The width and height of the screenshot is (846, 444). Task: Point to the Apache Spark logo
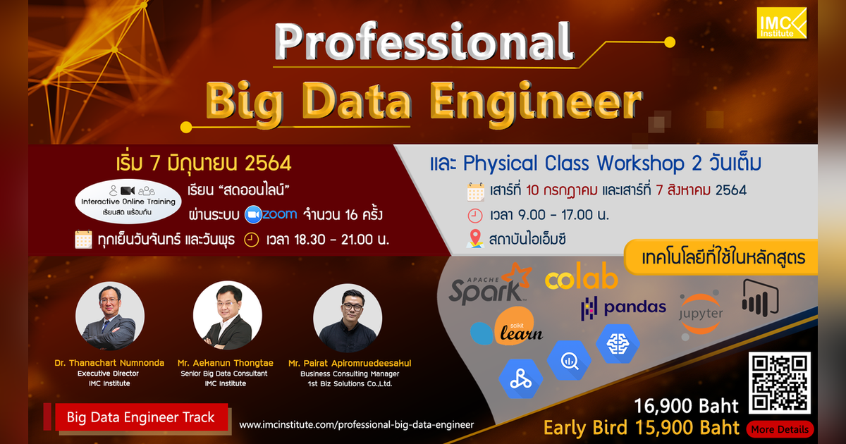(x=489, y=283)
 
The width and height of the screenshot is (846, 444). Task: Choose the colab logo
(x=581, y=280)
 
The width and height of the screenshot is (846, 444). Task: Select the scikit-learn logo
(x=508, y=326)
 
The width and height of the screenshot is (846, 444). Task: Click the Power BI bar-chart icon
(x=759, y=298)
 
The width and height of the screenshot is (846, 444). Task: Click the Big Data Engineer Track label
(x=140, y=417)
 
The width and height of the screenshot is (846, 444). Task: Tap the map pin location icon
(x=475, y=240)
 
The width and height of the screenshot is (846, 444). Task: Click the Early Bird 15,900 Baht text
(x=641, y=428)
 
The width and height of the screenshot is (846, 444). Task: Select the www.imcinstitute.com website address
(x=356, y=425)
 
